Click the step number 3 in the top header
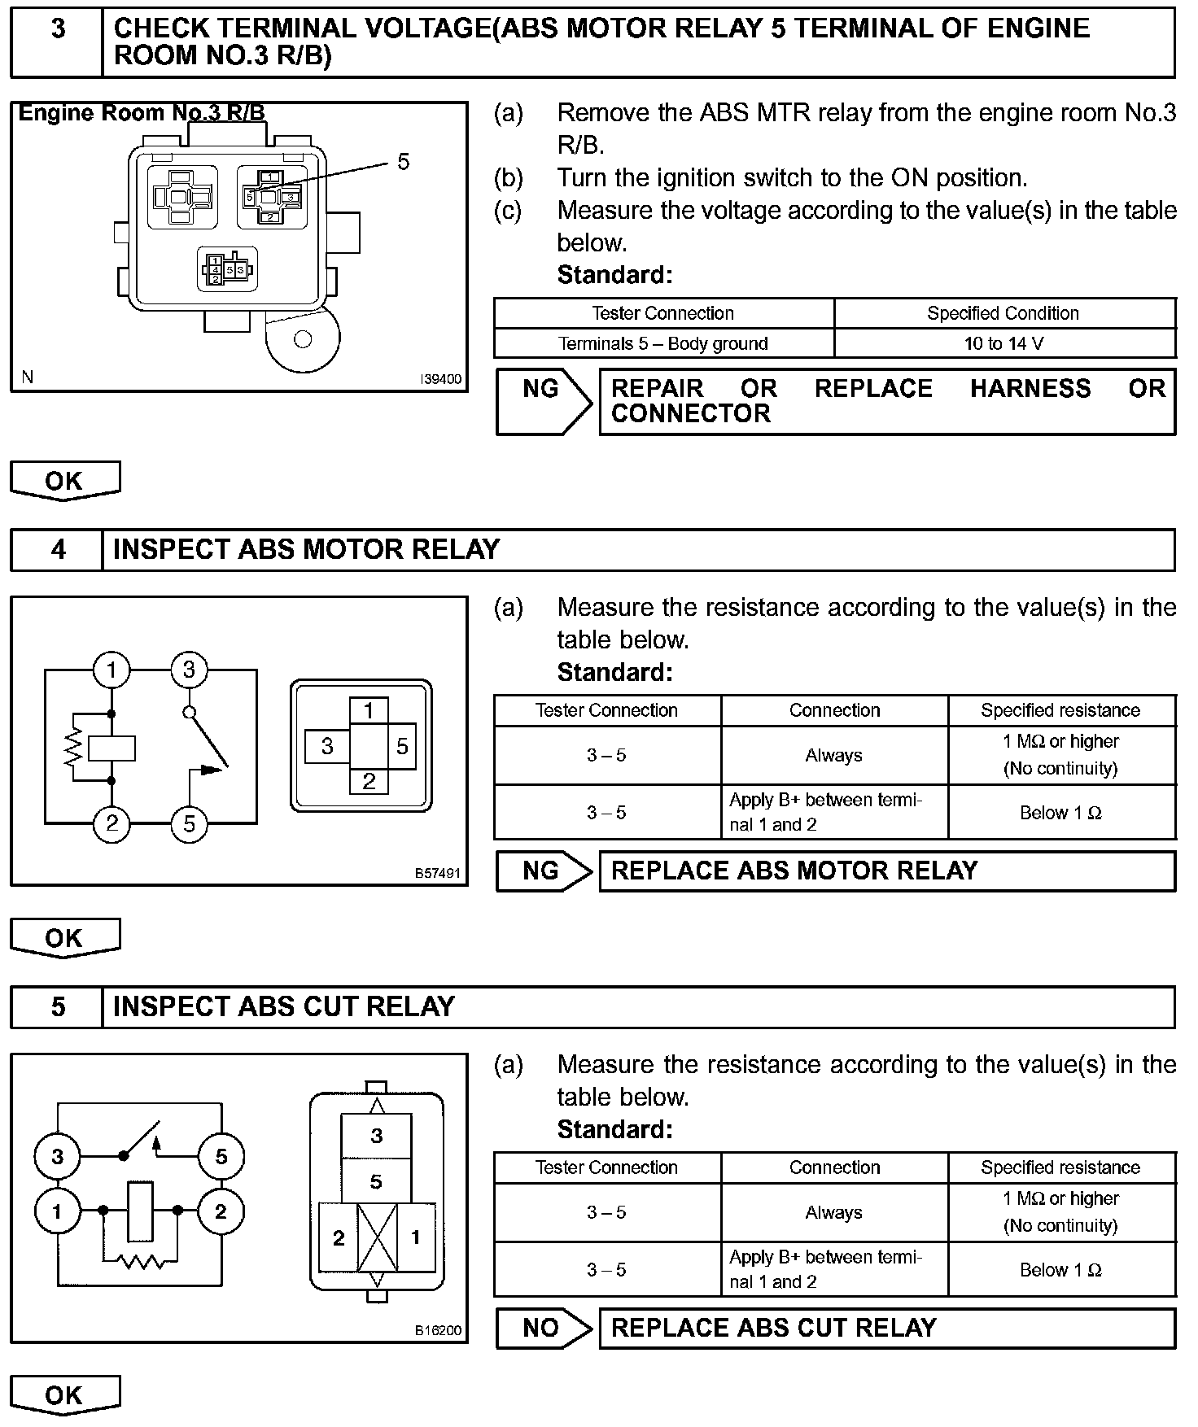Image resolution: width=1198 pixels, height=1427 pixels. click(58, 29)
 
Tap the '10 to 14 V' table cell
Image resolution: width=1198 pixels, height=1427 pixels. click(1003, 343)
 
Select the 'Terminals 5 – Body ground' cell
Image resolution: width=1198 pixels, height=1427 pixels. click(662, 343)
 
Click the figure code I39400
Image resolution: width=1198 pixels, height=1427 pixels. click(440, 379)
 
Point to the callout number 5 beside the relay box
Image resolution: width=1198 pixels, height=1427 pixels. click(403, 162)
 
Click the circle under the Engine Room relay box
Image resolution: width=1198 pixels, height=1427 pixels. click(303, 339)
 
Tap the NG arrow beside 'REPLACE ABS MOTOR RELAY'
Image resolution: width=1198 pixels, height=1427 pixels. click(543, 871)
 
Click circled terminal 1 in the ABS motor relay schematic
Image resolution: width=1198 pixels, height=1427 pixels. click(111, 670)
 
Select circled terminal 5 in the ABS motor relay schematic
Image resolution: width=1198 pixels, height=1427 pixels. click(189, 824)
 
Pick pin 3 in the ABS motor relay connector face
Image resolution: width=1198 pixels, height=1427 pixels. click(327, 746)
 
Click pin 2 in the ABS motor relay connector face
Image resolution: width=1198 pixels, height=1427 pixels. click(369, 782)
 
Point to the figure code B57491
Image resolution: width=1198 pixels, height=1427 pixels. click(438, 874)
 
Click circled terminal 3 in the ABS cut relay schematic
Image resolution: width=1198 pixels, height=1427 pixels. click(57, 1157)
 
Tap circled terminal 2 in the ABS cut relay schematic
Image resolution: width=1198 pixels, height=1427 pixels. click(220, 1211)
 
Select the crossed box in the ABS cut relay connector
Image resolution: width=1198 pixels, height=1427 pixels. click(377, 1237)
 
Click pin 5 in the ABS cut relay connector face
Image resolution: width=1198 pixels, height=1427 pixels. click(376, 1181)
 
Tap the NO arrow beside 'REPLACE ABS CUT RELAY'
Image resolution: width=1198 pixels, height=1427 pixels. click(543, 1329)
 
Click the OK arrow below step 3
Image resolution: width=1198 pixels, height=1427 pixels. click(64, 481)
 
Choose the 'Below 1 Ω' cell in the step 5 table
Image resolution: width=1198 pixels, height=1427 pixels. click(1060, 1270)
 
